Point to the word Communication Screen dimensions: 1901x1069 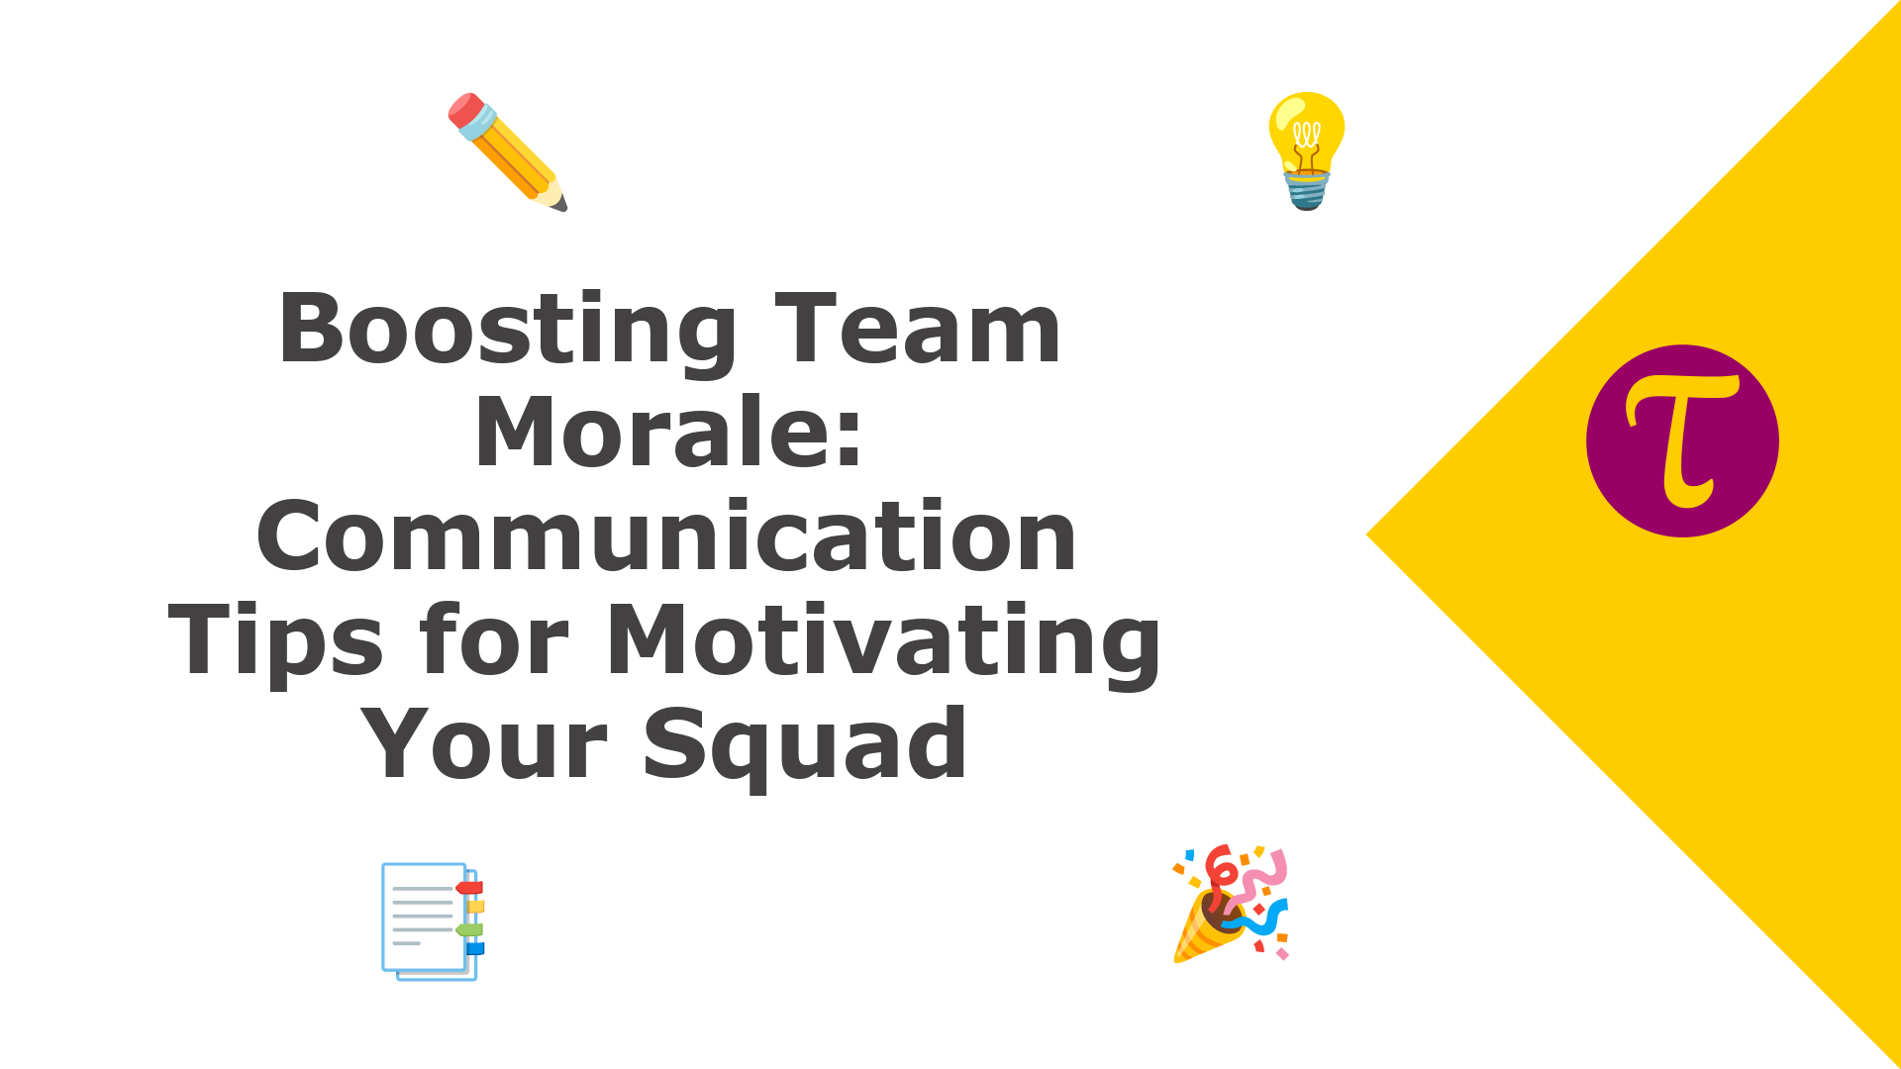click(666, 535)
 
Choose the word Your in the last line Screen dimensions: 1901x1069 click(484, 743)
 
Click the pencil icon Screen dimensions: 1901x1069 click(508, 152)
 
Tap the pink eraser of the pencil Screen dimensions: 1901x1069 click(465, 109)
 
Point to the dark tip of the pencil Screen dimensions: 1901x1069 click(560, 204)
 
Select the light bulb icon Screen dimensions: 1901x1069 click(1307, 150)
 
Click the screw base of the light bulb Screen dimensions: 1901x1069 click(1307, 190)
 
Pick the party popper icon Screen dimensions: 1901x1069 click(1231, 904)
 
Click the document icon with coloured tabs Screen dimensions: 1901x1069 click(433, 922)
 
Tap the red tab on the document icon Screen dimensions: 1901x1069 click(469, 888)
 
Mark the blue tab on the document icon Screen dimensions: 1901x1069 click(475, 948)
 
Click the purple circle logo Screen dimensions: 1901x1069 click(1682, 441)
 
